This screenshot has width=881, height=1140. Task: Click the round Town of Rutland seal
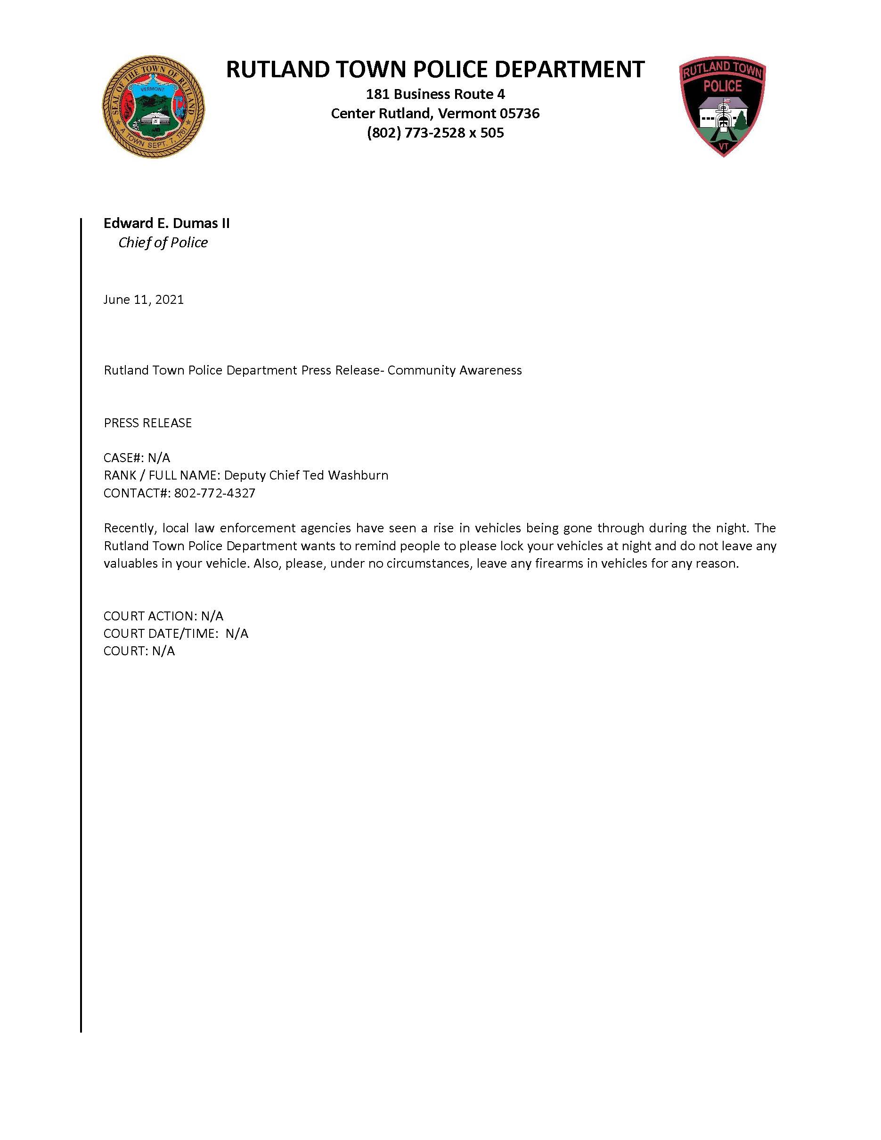click(x=154, y=106)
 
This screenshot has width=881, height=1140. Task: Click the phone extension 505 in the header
click(x=493, y=133)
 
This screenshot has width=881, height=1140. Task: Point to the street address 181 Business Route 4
click(x=435, y=94)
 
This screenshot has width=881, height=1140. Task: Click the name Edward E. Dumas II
click(x=166, y=223)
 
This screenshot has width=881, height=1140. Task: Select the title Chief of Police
click(x=163, y=243)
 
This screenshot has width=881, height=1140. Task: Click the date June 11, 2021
click(x=144, y=300)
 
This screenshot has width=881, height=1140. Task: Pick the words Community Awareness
click(x=454, y=371)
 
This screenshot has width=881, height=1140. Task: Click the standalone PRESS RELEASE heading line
click(x=148, y=423)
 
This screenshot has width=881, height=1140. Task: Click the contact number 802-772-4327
click(x=214, y=493)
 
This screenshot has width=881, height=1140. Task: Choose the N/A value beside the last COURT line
click(x=163, y=651)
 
